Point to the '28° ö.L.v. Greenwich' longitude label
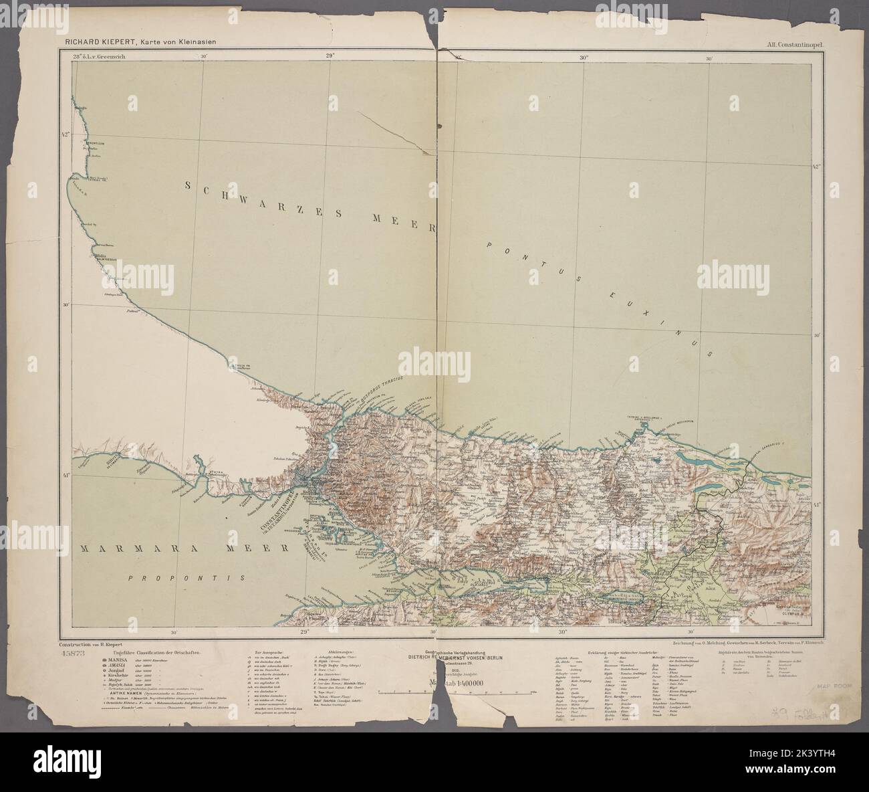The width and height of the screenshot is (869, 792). pos(98,57)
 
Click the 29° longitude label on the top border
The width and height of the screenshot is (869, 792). pos(330,57)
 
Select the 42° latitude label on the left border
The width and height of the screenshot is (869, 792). pos(66,135)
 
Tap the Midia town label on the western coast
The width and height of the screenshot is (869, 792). pos(101,256)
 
